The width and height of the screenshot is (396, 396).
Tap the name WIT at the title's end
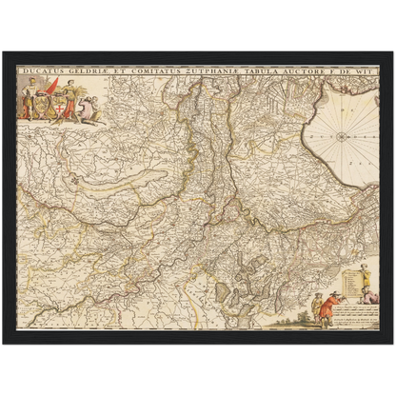coord(369,69)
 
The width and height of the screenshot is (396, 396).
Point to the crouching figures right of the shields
coord(91,113)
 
